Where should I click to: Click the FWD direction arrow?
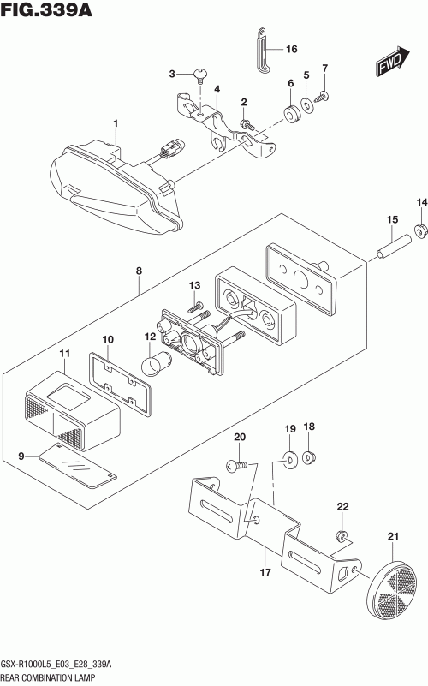pos(392,63)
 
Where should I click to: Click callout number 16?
pos(291,49)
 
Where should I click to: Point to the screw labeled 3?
pos(200,76)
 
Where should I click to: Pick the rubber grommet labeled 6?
pos(292,114)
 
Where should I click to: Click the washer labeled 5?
pos(307,105)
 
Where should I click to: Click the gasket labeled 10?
pos(120,384)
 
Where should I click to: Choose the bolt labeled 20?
pos(237,466)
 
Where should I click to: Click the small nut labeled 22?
pos(342,534)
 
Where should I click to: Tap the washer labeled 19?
pos(290,459)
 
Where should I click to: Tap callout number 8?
pos(139,271)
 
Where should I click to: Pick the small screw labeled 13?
pos(196,307)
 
